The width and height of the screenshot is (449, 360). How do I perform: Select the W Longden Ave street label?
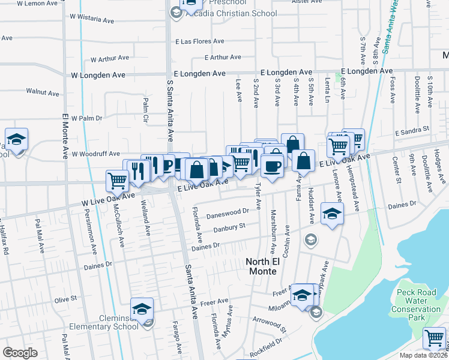[x=98, y=75]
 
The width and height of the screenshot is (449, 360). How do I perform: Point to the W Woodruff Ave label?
[x=95, y=154]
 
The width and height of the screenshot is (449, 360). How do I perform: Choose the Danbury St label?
[x=229, y=227]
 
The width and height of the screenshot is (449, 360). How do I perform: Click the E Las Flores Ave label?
[x=199, y=42]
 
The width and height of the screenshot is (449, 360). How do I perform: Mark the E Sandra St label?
[x=412, y=129]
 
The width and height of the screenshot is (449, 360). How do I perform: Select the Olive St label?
[x=65, y=298]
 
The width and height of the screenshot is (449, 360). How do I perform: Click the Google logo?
[x=20, y=353]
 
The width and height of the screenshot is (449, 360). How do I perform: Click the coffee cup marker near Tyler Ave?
[x=272, y=166]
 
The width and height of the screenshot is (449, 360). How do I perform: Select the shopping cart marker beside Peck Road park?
[x=434, y=338]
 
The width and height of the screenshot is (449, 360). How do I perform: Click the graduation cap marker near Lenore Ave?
[x=332, y=215]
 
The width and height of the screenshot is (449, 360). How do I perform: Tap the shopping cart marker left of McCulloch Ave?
[x=117, y=180]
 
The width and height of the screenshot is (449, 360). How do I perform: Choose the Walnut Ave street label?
[x=43, y=93]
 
